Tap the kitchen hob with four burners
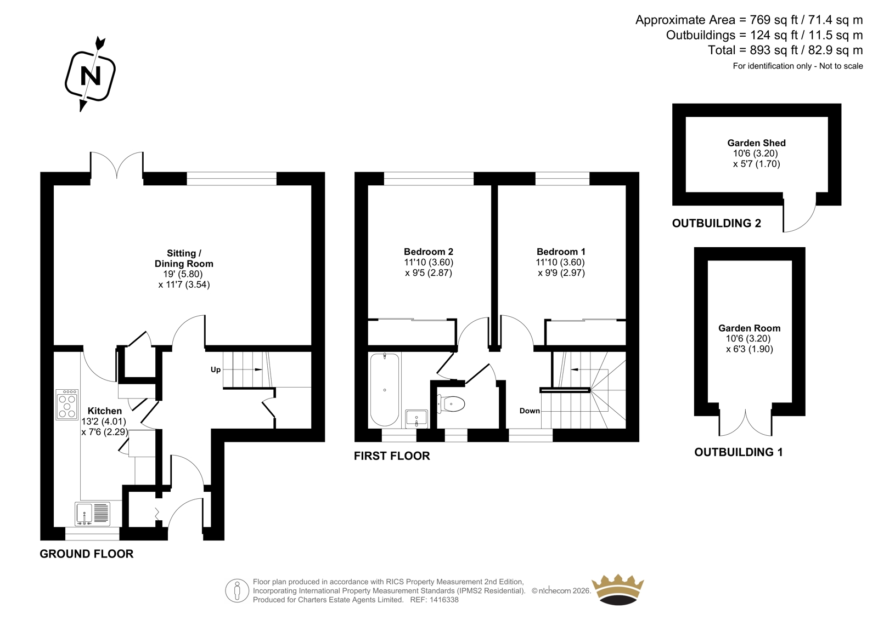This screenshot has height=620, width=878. pyautogui.click(x=67, y=405)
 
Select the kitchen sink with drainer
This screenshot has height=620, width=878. pyautogui.click(x=93, y=514)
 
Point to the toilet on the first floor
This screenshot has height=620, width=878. pyautogui.click(x=451, y=404)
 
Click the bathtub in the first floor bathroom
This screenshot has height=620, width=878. pyautogui.click(x=385, y=389)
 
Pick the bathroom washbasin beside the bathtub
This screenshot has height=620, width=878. pyautogui.click(x=417, y=419)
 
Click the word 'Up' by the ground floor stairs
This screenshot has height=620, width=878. pyautogui.click(x=216, y=369)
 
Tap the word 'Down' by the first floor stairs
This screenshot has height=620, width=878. pyautogui.click(x=530, y=411)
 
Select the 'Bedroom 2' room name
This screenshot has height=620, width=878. pyautogui.click(x=429, y=252)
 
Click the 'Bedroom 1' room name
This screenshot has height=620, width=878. pyautogui.click(x=561, y=252)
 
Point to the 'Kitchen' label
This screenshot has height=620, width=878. pyautogui.click(x=105, y=411)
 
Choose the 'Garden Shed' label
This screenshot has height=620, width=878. pyautogui.click(x=757, y=143)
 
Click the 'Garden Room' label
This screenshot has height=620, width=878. pyautogui.click(x=750, y=328)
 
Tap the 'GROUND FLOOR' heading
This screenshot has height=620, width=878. pyautogui.click(x=87, y=554)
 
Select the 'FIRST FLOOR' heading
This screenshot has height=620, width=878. pyautogui.click(x=392, y=456)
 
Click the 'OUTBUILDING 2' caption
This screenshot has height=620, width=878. pyautogui.click(x=717, y=223)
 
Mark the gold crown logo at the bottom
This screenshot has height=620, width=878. pyautogui.click(x=618, y=590)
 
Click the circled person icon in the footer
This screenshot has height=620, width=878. pyautogui.click(x=237, y=590)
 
